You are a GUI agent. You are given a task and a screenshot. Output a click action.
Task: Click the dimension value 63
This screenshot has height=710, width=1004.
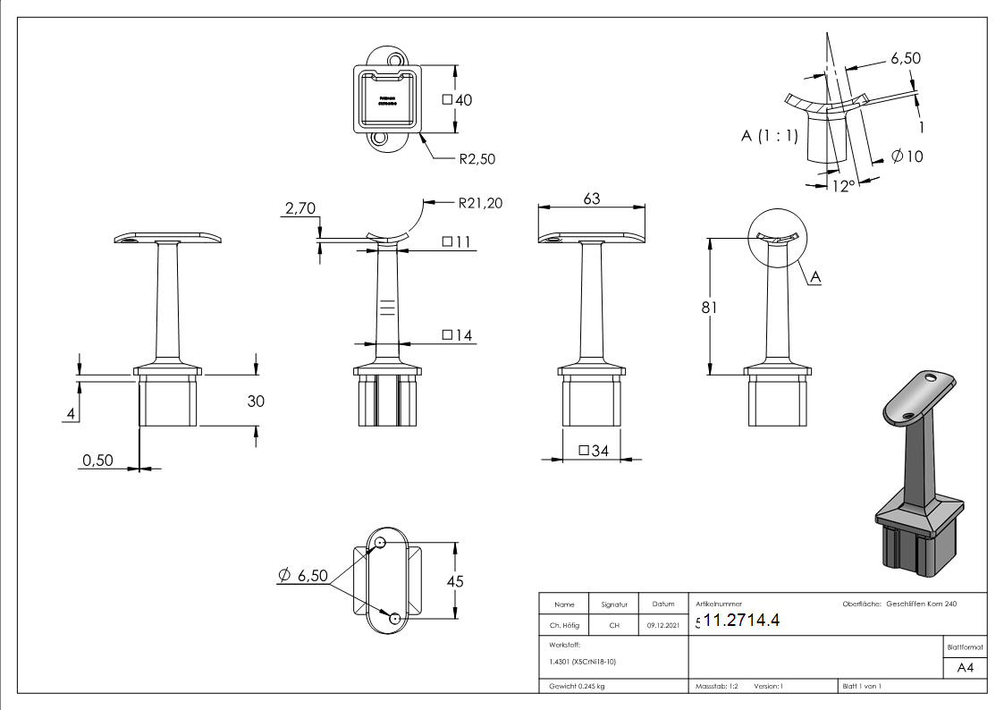(x=591, y=199)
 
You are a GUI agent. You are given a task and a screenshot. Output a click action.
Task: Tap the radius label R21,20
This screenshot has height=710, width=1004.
(x=479, y=203)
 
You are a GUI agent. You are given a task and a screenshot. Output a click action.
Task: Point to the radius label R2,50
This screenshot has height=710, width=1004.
(x=477, y=159)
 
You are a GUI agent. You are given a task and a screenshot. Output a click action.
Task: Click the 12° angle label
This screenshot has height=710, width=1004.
(x=842, y=185)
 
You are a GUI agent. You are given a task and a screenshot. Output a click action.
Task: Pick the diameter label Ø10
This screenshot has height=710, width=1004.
(x=907, y=156)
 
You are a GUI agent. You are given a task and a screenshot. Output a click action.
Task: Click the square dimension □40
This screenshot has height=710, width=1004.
(x=457, y=100)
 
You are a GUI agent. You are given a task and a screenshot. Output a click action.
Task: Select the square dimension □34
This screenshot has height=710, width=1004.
(x=593, y=451)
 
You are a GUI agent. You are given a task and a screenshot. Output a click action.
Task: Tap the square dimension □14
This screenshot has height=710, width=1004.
(x=457, y=335)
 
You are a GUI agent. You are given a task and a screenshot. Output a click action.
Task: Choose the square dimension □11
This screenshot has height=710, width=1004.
(x=457, y=242)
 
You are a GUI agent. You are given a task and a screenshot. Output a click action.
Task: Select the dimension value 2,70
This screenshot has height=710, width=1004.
(x=300, y=208)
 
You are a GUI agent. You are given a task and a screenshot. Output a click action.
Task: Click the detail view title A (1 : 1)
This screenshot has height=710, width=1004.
(x=769, y=136)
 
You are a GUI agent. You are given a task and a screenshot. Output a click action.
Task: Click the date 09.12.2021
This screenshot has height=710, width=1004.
(x=662, y=625)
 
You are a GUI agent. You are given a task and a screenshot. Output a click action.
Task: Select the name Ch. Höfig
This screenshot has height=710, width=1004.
(x=563, y=625)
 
